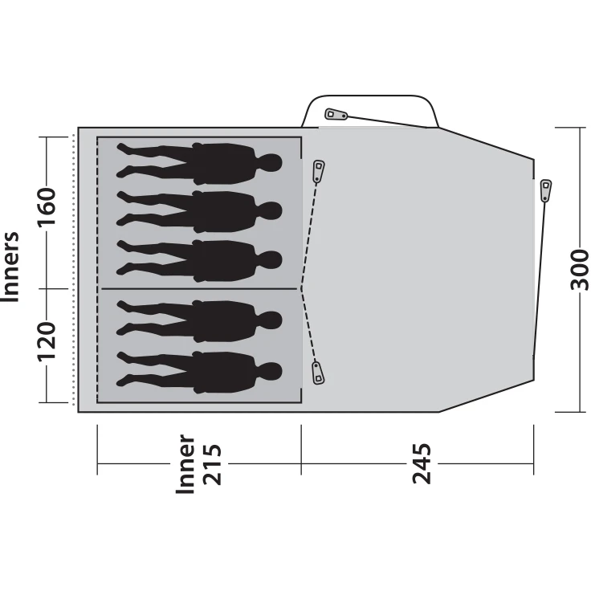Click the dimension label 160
click(46, 206)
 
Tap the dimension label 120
click(46, 341)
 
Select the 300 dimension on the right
click(579, 270)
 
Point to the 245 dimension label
click(422, 463)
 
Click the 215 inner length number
click(212, 465)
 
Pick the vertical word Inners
click(10, 267)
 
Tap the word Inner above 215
click(185, 464)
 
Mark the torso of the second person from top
click(224, 212)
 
